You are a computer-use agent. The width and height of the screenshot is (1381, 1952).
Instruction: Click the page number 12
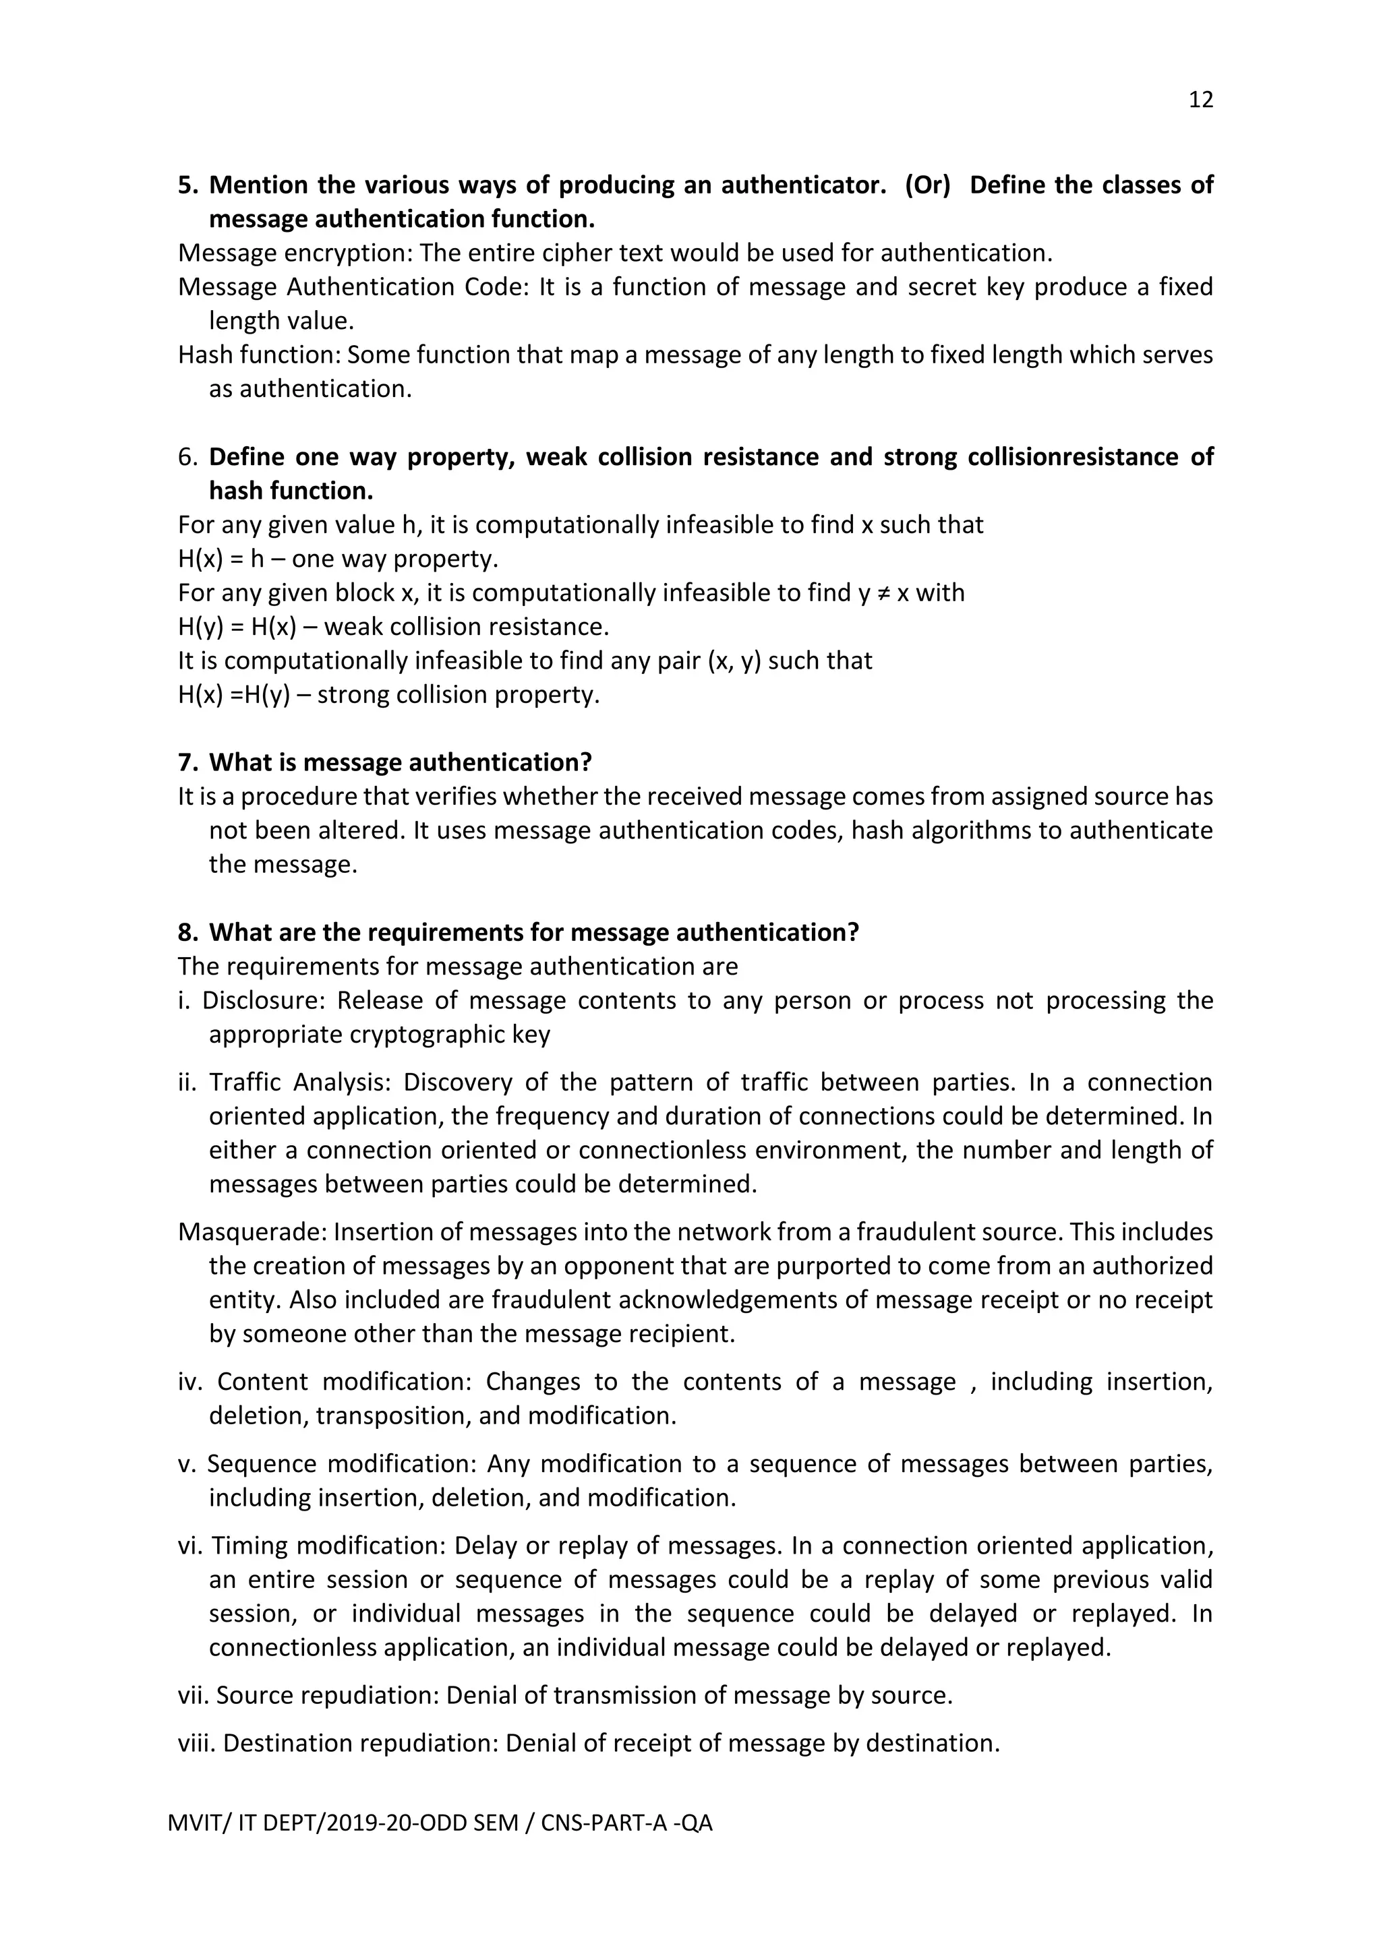click(1200, 100)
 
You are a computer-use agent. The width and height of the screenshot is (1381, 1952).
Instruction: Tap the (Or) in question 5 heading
click(927, 185)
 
